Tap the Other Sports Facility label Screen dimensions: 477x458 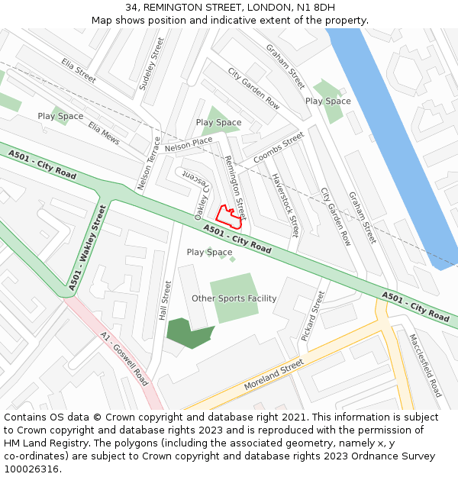(x=234, y=298)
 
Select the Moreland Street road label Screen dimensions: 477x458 (x=274, y=376)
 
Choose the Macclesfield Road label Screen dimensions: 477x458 (x=425, y=365)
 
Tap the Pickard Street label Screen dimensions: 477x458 (x=313, y=316)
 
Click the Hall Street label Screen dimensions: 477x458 (x=164, y=300)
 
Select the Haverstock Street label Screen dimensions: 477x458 (x=284, y=205)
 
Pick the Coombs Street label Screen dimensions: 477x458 (x=279, y=149)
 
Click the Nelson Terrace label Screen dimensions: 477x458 (x=150, y=164)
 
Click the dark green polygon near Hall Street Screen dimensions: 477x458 (x=189, y=333)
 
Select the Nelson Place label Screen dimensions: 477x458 (x=188, y=143)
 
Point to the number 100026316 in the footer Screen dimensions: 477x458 (x=31, y=469)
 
